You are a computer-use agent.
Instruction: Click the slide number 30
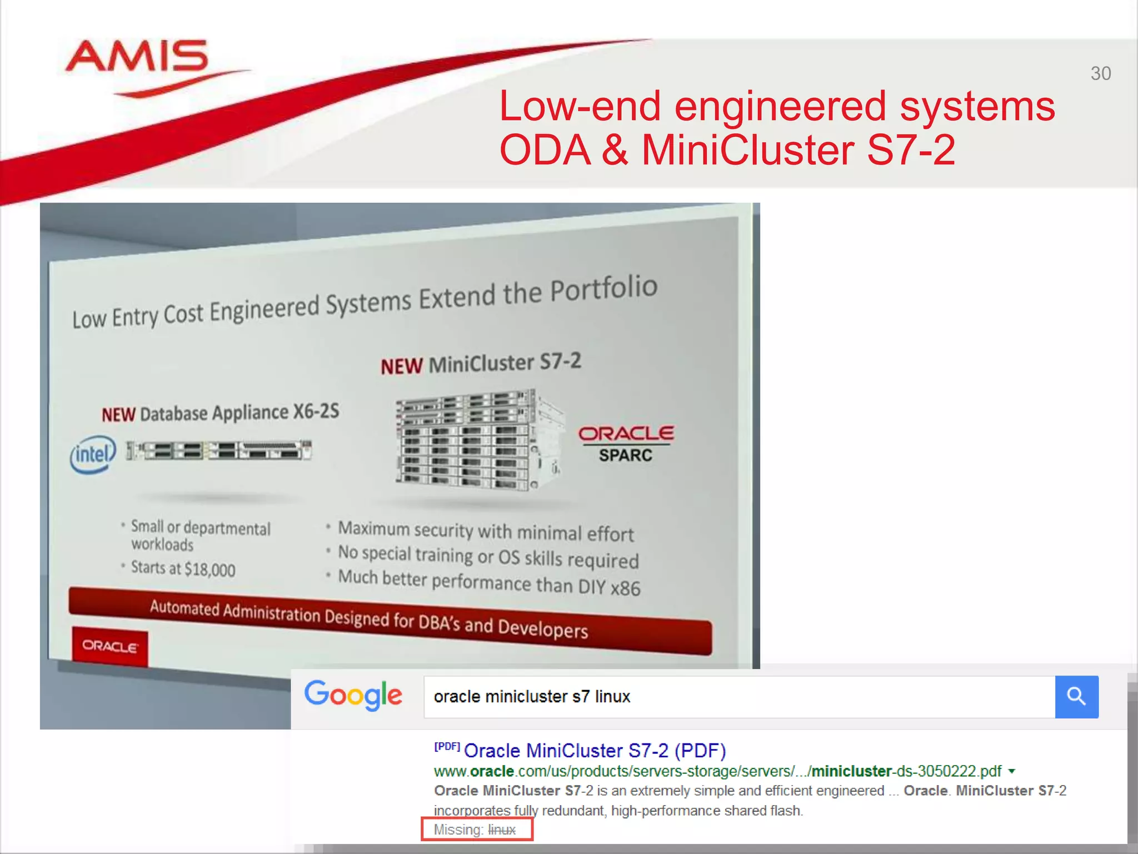(1100, 73)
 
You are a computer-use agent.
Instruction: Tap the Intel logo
(93, 454)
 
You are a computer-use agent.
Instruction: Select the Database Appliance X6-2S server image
(219, 450)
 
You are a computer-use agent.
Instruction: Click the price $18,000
(210, 569)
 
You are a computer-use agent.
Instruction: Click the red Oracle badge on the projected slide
(110, 646)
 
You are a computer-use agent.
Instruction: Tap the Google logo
(353, 695)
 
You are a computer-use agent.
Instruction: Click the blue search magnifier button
(1076, 697)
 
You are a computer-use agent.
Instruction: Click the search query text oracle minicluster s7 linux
(532, 697)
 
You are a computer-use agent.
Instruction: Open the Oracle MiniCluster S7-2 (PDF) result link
(595, 751)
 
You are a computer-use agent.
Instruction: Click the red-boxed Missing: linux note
(476, 830)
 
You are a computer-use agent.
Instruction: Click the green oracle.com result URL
(717, 771)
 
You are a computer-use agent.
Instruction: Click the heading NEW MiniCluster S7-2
(481, 364)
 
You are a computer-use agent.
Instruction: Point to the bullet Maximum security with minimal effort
(486, 531)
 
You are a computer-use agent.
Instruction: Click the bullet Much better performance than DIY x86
(489, 582)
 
